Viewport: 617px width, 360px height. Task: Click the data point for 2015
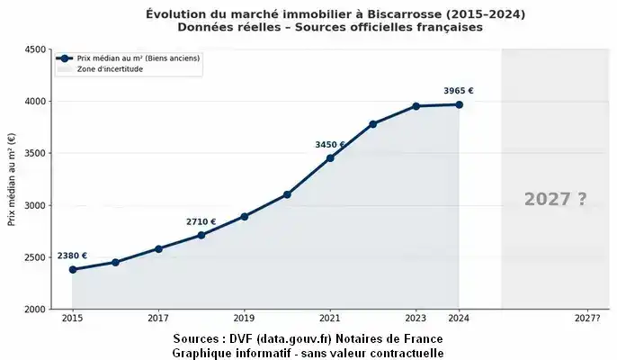click(x=72, y=269)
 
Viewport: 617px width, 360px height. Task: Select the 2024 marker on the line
click(x=459, y=104)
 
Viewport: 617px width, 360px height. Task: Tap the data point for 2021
click(x=330, y=158)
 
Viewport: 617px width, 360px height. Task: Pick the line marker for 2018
click(x=201, y=235)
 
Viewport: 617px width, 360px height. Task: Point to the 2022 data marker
click(x=373, y=124)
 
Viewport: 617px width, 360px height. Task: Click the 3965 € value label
click(x=459, y=90)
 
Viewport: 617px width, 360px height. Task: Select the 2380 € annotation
click(x=72, y=256)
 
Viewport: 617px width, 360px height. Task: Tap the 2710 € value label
click(x=201, y=221)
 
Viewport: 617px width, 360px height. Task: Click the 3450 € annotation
click(x=329, y=145)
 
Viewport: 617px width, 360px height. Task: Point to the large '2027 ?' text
click(x=555, y=200)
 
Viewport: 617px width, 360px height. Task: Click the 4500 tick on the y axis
click(x=36, y=49)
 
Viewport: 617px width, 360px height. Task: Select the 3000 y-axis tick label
click(x=36, y=205)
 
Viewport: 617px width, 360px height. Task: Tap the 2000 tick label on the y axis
click(x=36, y=309)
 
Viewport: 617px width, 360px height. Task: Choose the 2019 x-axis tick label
click(x=244, y=318)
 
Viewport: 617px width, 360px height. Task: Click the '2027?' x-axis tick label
click(x=586, y=318)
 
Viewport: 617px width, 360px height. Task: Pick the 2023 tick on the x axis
click(x=416, y=318)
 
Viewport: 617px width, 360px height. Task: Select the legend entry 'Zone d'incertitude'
click(x=109, y=68)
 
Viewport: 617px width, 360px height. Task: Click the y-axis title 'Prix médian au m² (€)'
click(x=12, y=180)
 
